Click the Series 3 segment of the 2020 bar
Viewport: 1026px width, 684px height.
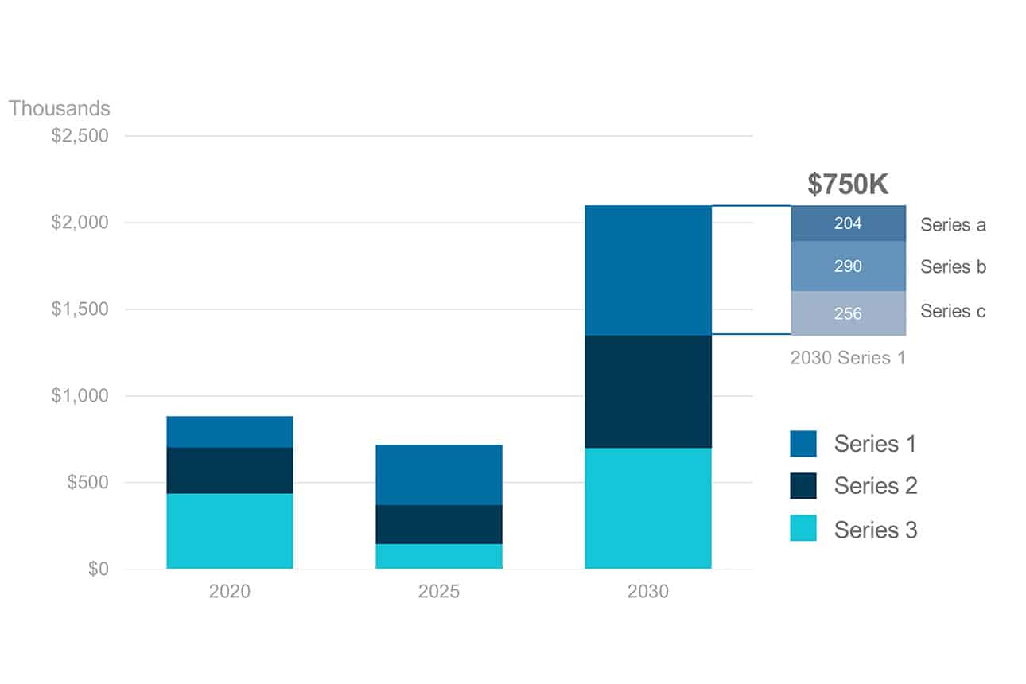[229, 530]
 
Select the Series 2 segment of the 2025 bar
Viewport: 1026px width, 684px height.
[438, 524]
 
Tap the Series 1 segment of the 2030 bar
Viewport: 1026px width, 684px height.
[647, 270]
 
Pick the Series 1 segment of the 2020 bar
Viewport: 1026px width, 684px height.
[229, 431]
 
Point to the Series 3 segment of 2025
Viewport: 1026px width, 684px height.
[438, 556]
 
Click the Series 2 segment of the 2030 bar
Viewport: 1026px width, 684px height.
[647, 391]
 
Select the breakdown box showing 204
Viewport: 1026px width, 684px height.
[848, 223]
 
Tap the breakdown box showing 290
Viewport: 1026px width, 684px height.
[848, 266]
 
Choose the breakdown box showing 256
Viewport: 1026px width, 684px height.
[848, 313]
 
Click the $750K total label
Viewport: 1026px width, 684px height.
[848, 185]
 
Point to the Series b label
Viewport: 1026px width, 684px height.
[953, 267]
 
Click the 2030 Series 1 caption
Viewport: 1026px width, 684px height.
[848, 358]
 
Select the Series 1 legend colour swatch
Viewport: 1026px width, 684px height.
[803, 444]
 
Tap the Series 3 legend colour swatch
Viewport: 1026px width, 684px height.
[803, 528]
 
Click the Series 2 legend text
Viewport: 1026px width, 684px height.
[876, 486]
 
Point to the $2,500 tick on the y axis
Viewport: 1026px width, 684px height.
[80, 136]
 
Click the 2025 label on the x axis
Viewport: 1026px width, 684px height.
[438, 592]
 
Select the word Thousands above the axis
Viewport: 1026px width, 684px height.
[60, 108]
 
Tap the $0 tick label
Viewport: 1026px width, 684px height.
[98, 569]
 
